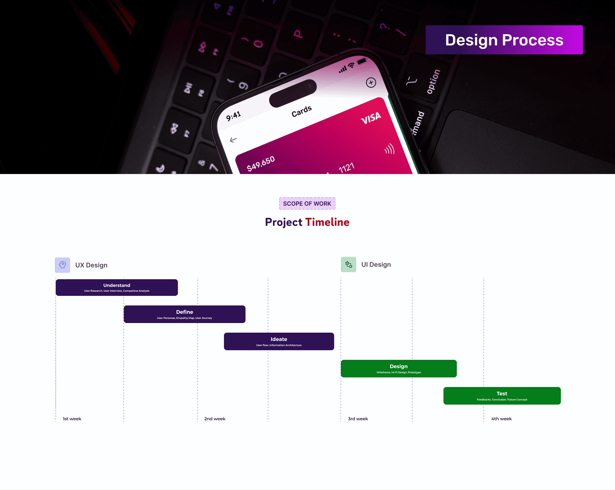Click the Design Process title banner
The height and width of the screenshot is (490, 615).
coord(504,40)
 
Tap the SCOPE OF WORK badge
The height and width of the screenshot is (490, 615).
coord(307,203)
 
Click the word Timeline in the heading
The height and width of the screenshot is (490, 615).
coord(327,222)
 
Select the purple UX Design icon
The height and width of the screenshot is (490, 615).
coord(62,265)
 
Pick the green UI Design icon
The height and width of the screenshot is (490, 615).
coord(348,265)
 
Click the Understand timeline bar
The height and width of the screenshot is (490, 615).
coord(117,288)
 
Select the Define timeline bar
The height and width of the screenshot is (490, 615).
coord(184,314)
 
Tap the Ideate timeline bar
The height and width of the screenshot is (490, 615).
coord(279,341)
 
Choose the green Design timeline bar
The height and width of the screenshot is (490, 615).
coord(399,368)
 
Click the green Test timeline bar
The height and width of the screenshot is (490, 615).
coord(502,396)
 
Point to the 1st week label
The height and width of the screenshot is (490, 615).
coord(72,419)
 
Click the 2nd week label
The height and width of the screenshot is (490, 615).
coord(215,419)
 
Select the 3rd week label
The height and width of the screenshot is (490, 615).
coord(358,419)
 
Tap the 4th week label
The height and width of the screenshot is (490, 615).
coord(502,419)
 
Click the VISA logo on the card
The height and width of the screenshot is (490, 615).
coord(371,118)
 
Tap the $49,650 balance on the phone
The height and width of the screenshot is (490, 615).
coord(261,164)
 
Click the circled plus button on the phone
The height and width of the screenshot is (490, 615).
coord(371,83)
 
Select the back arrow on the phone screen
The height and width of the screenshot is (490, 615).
coord(233,140)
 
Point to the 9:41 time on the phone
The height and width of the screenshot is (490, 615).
coord(233,116)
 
